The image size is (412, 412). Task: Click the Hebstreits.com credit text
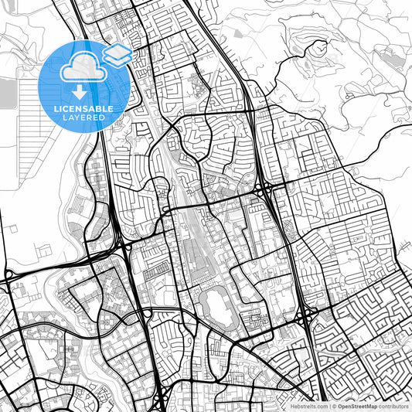(x=305, y=405)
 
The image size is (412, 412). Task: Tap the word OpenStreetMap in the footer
(x=357, y=405)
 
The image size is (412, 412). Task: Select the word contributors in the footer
(x=393, y=405)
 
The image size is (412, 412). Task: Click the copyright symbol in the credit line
(x=333, y=405)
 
